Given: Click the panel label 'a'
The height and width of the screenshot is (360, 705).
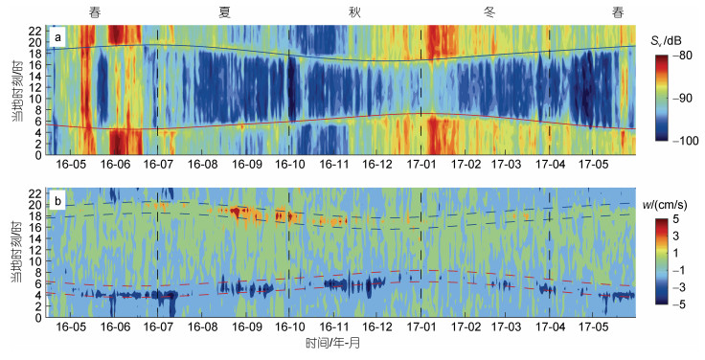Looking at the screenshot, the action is click(57, 38).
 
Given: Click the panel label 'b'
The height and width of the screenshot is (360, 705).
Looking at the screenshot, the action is click(57, 200).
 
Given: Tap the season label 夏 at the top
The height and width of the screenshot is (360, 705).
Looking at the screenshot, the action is click(225, 12).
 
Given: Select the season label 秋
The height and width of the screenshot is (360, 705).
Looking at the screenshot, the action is click(354, 12).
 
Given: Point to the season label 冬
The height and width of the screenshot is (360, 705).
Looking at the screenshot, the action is click(489, 12).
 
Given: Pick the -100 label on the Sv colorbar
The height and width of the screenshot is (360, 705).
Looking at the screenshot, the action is click(685, 141).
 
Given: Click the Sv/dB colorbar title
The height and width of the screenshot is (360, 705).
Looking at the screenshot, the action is click(668, 41).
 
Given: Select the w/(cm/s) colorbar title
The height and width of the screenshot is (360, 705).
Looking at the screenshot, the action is click(668, 205).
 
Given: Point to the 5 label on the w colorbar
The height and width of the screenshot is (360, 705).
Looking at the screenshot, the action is click(675, 220).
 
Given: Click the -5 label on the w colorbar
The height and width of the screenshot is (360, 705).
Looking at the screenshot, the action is click(675, 304).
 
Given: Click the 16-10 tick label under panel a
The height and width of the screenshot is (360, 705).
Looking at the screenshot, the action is click(290, 164).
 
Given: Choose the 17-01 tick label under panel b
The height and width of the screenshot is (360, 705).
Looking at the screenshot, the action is click(421, 326).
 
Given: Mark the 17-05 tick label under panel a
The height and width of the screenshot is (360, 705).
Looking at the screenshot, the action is click(594, 164).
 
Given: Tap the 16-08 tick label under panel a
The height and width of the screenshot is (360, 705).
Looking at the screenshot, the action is click(202, 164).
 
